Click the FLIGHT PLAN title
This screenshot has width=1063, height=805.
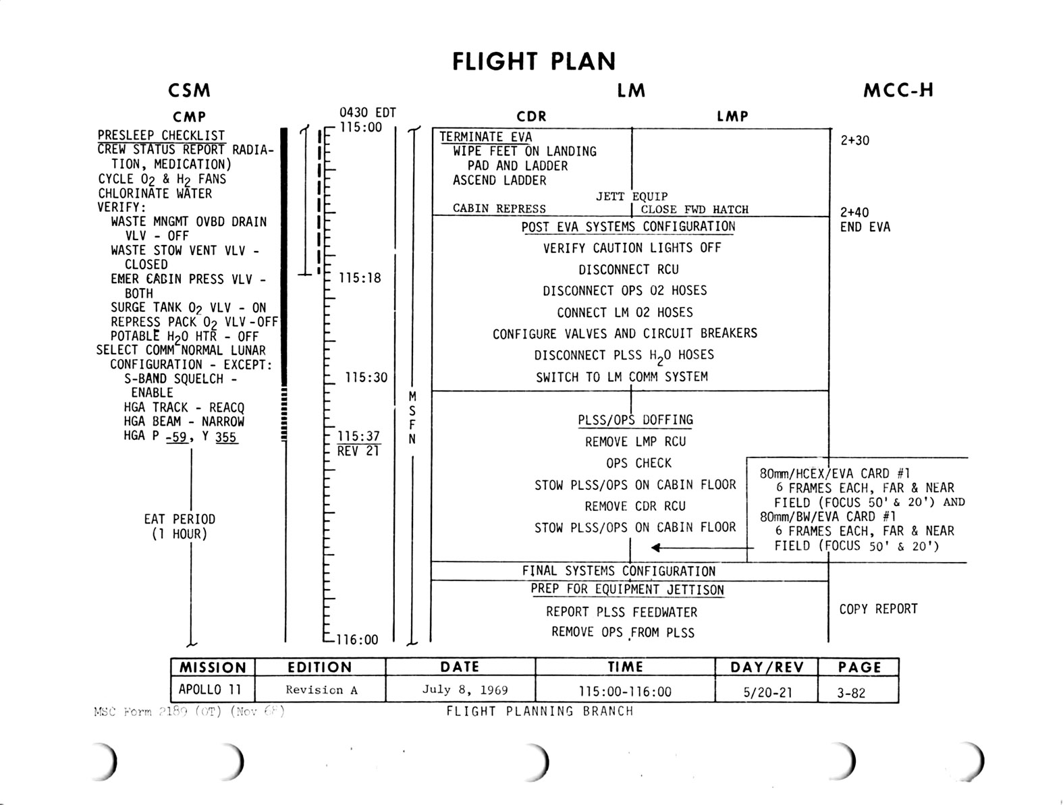533,61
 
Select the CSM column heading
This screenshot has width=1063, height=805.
189,90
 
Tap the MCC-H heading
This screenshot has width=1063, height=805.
898,90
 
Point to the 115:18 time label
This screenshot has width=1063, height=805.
360,278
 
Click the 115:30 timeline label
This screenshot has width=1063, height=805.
366,378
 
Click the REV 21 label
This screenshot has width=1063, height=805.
358,451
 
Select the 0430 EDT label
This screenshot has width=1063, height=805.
367,113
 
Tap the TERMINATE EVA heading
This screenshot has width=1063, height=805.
485,137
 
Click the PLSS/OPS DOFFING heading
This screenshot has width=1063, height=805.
635,420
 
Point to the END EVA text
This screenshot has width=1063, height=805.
865,227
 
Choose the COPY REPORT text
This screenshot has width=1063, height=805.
878,609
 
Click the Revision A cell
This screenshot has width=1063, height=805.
321,690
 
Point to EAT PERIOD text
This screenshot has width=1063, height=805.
180,520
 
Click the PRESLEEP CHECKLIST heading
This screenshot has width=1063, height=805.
161,136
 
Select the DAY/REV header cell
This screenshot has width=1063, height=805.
767,667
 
